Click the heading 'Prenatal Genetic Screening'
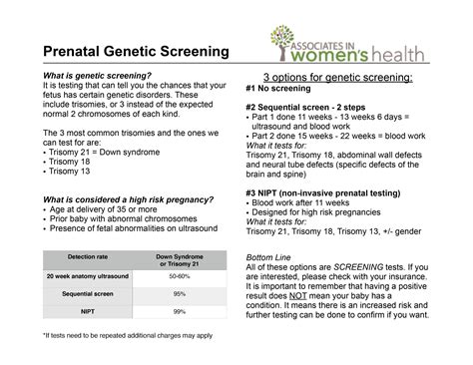click(x=136, y=51)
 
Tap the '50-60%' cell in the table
click(x=180, y=276)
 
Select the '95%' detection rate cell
click(x=180, y=294)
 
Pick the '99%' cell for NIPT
click(x=180, y=311)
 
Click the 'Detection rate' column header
click(x=88, y=257)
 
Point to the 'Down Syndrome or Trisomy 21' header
click(x=180, y=260)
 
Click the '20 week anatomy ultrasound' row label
click(x=88, y=276)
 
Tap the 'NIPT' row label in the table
click(x=88, y=311)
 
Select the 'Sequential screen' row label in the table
click(x=88, y=294)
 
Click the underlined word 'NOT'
click(x=297, y=296)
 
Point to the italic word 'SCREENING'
click(x=358, y=267)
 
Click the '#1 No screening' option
click(x=278, y=89)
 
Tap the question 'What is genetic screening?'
click(x=97, y=76)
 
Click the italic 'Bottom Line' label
click(x=268, y=257)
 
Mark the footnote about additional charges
click(x=128, y=336)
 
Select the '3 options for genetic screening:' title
click(x=338, y=78)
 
